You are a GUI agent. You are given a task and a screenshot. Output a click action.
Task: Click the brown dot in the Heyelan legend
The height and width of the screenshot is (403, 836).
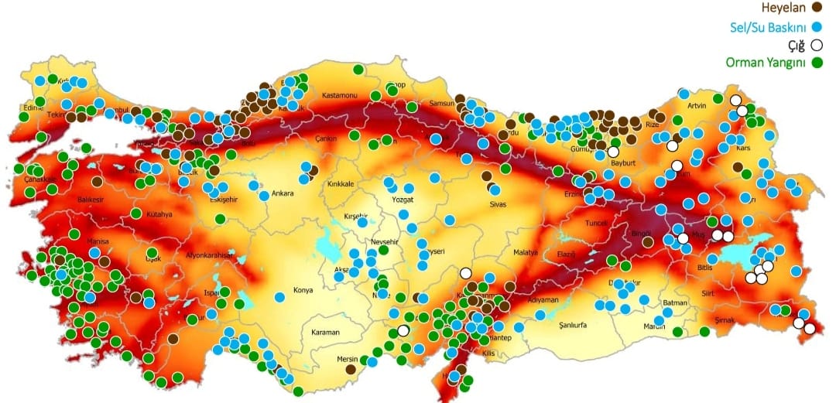815,8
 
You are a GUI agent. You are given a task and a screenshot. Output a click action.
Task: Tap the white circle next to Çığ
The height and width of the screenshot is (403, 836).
816,45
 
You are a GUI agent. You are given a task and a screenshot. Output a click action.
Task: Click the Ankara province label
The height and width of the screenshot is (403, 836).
283,193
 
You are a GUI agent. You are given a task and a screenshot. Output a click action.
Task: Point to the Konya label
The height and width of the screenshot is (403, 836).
303,291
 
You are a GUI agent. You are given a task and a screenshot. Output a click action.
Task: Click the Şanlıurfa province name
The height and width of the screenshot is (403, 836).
580,325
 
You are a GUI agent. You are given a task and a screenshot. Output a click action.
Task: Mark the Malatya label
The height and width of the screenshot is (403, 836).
525,253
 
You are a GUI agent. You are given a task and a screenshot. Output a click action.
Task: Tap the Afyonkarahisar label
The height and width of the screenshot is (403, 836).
209,254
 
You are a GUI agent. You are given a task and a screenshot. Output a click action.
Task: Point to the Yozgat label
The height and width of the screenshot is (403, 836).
403,199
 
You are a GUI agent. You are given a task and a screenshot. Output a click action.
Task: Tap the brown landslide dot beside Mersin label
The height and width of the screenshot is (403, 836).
351,371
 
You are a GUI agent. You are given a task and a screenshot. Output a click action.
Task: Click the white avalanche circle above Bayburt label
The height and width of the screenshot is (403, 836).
613,152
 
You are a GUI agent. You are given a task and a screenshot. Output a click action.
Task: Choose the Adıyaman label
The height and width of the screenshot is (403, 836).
543,299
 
